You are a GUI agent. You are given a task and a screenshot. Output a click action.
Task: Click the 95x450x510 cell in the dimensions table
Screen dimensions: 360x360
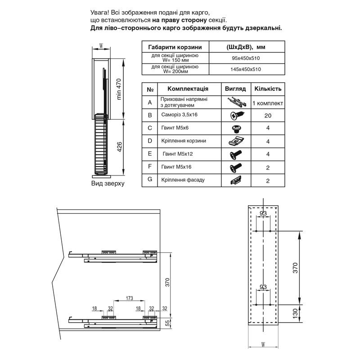coord(246,58)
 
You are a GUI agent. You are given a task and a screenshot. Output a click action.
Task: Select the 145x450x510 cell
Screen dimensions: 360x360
coord(246,69)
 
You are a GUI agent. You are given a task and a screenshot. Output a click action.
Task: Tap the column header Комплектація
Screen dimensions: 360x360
coord(184,89)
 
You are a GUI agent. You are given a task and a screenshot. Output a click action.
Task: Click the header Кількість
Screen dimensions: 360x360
coord(268,89)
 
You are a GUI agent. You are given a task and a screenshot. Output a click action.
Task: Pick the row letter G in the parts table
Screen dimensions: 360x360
coord(149,180)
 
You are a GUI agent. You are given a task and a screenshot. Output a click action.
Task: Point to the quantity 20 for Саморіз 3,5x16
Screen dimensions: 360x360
coord(268,115)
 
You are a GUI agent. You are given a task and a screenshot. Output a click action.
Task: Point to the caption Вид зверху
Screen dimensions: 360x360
coord(108,184)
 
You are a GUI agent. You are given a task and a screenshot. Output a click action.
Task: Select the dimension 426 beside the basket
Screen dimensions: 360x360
coord(120,147)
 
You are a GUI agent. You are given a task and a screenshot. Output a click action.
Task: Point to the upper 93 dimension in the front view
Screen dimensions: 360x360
coord(264,213)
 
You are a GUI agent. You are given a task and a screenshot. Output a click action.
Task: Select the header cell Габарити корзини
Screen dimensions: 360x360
coord(175,47)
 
